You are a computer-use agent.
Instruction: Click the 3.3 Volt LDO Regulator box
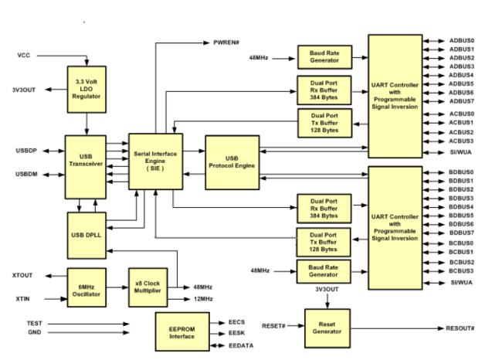[86, 90]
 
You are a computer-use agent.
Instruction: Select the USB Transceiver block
[86, 167]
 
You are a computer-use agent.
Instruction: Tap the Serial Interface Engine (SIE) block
[155, 161]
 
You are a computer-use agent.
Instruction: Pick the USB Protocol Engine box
[232, 162]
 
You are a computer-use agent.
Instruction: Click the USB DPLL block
[86, 236]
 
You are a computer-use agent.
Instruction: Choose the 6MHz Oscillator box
[86, 287]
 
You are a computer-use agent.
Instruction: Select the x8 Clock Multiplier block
[148, 287]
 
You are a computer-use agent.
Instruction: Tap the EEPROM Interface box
[182, 332]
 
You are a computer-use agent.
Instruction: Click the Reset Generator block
[327, 328]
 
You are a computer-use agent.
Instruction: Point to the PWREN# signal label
[226, 42]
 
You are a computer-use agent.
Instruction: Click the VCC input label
[24, 56]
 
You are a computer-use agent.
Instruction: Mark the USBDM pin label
[26, 175]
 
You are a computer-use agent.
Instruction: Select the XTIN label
[22, 299]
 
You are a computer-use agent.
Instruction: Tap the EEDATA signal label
[241, 346]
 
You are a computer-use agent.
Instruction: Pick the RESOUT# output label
[460, 328]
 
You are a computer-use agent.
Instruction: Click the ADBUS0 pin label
[462, 41]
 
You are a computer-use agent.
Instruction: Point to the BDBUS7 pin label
[461, 233]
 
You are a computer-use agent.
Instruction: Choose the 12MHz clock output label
[203, 299]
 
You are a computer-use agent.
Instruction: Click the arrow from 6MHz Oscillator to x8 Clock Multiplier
[117, 287]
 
